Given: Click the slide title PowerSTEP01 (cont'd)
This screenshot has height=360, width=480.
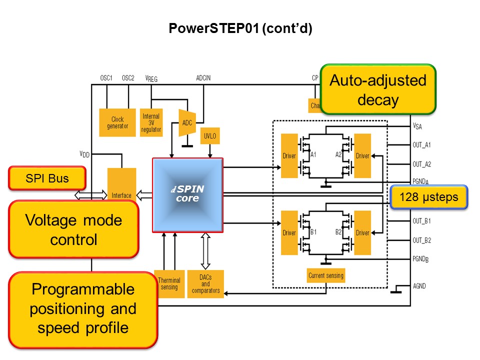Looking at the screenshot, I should (240, 29).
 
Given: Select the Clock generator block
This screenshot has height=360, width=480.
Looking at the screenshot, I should (117, 122).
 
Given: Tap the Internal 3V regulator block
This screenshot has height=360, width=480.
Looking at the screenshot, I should (151, 122).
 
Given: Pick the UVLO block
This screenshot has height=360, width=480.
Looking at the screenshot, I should (209, 136).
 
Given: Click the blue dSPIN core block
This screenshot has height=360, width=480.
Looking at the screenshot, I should (187, 195).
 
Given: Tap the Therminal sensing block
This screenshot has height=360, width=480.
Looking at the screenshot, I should (169, 283).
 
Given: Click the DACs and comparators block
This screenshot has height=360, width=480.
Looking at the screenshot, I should (205, 283).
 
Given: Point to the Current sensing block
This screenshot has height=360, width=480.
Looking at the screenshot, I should (325, 275).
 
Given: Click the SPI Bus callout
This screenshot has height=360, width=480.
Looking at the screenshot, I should (47, 178).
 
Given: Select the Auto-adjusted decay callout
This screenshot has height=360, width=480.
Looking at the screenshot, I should (378, 90).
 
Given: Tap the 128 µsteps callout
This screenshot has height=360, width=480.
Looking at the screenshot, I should (429, 197).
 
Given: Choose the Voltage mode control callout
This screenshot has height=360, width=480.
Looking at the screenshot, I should (73, 229).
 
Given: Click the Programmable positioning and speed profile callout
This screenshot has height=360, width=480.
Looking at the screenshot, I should (83, 309).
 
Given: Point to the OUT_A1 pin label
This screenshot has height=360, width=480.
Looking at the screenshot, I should (422, 145).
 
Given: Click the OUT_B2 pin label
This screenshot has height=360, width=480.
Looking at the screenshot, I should (422, 240).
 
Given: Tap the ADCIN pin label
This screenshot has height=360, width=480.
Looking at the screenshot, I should (203, 78).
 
